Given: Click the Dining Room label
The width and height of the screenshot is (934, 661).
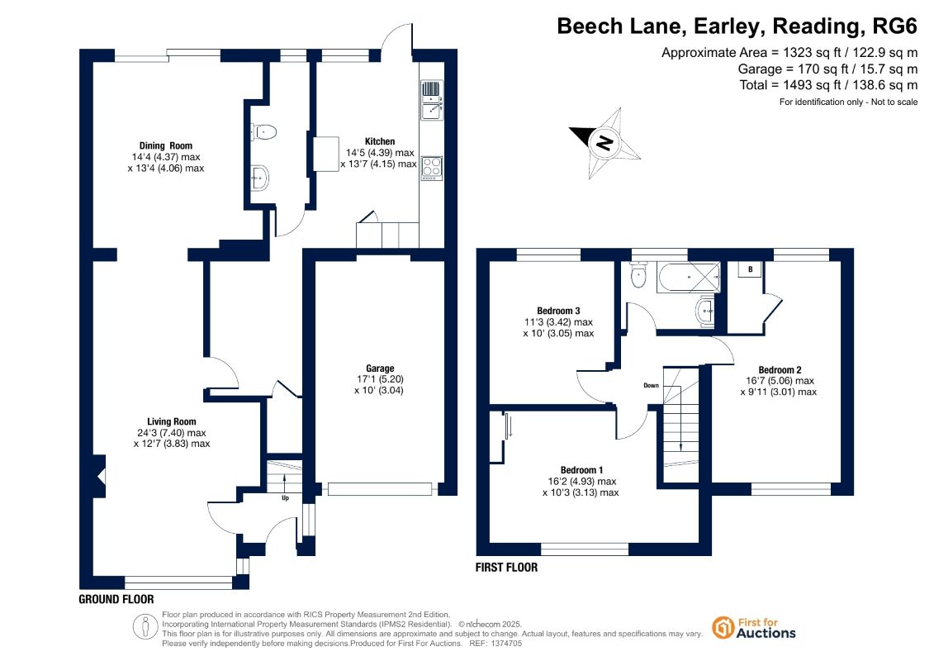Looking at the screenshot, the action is pos(166,145).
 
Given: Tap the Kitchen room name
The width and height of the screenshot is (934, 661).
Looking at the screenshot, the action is pos(379,141).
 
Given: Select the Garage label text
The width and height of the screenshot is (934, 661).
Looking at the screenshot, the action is pos(379,369).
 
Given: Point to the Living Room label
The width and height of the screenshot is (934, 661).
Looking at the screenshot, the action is pos(172,421).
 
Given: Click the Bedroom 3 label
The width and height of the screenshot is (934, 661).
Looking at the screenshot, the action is pos(558,311).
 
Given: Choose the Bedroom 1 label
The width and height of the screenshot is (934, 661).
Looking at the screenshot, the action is pos(581,469).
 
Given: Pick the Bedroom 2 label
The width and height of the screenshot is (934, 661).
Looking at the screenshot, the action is pos(780,369).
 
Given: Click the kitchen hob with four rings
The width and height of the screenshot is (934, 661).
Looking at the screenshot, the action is pos(432,168).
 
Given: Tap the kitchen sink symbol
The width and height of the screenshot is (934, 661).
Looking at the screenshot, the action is pos(432,99).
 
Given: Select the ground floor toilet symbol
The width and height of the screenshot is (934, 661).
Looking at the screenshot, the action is pos(264,131).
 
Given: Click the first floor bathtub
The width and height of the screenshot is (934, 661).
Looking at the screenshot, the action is pos(689,277).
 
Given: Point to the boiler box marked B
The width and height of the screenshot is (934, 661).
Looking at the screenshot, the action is pos(751,269).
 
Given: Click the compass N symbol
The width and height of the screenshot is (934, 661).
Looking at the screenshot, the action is pos(604,143).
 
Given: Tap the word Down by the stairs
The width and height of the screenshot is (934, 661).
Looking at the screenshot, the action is pos(651,386).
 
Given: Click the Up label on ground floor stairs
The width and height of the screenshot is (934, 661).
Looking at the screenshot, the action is pos(286,497).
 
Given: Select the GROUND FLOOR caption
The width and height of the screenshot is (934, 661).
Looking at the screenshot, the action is pos(116,599).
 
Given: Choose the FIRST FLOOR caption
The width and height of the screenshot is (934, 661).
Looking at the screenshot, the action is pos(506,568).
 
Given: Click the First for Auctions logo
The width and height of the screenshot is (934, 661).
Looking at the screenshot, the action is pos(754,628).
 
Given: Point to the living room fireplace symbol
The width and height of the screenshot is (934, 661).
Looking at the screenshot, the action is pos(99,476).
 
